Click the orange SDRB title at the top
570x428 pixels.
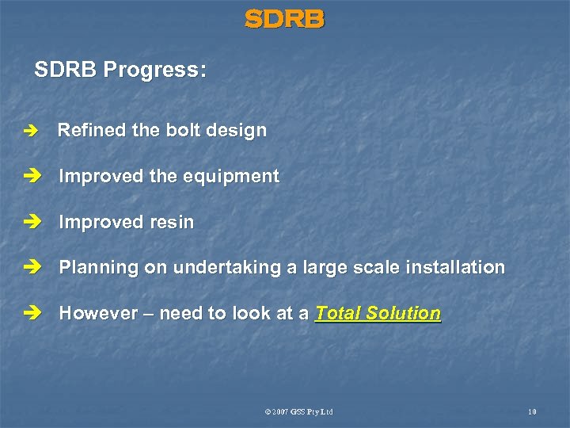coord(284,19)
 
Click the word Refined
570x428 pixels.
coord(88,130)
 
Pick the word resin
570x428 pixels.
coord(171,223)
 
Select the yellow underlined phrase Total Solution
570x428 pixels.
coord(378,314)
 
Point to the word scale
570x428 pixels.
coord(376,268)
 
